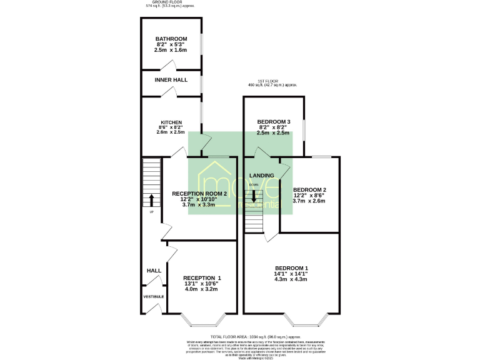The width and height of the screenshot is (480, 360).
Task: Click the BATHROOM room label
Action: [x=171, y=39]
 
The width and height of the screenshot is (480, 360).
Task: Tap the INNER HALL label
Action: [x=171, y=80]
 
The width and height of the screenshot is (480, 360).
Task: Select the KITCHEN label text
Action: [x=171, y=122]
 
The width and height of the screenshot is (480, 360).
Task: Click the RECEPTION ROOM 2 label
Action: [x=199, y=194]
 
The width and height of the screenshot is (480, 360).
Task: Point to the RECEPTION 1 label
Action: [x=202, y=277]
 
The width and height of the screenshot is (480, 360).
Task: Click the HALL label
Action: [x=154, y=271]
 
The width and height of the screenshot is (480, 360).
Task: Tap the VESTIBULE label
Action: [x=154, y=296]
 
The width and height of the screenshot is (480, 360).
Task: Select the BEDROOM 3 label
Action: [x=274, y=121]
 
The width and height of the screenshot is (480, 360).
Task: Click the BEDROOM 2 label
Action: [x=310, y=190]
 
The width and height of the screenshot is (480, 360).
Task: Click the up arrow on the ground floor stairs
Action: [x=151, y=199]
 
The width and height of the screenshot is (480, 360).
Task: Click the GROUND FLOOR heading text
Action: [x=171, y=2]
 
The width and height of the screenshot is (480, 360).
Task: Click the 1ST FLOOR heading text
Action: [x=272, y=81]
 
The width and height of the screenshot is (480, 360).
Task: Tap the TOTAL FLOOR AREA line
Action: [x=240, y=336]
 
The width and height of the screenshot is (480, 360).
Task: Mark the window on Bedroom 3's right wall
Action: [x=304, y=131]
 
